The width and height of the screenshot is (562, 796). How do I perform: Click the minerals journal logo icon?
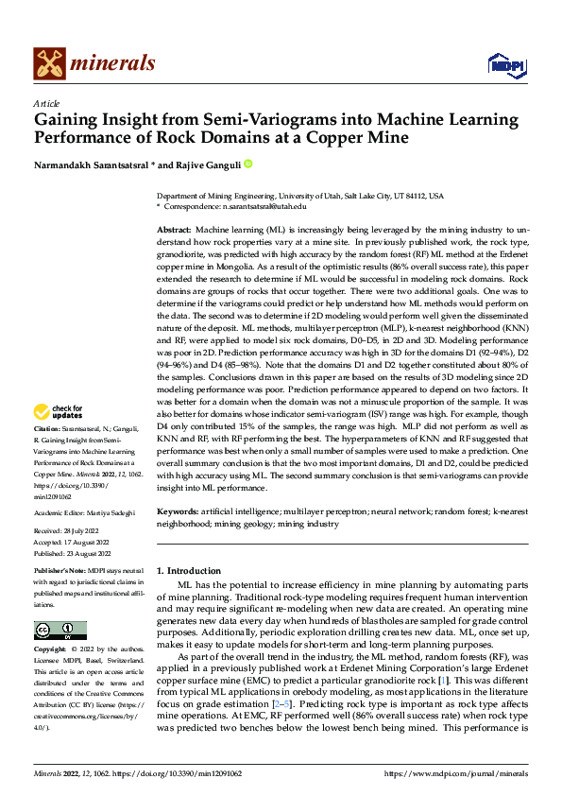pos(49,62)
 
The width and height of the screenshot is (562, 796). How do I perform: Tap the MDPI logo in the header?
pos(502,64)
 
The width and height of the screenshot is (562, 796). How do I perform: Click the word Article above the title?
pos(45,103)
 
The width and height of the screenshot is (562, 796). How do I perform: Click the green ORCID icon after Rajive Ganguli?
pos(249,164)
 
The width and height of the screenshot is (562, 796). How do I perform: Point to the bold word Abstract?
pos(174,230)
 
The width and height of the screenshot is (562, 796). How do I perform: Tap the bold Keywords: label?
pos(179,511)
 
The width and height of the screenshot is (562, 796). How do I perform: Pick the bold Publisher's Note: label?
pos(61,573)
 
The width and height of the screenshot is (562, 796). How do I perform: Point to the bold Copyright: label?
pos(51,649)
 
